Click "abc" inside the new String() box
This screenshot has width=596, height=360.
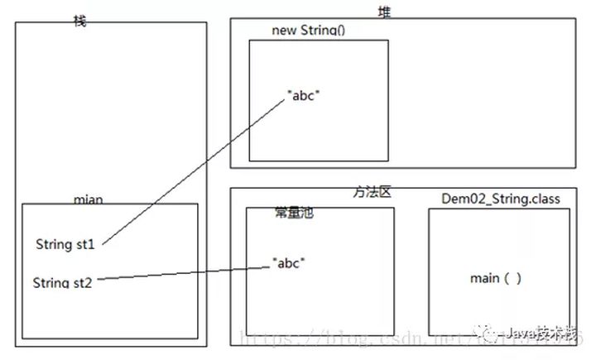point(304,95)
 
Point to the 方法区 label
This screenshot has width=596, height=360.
point(372,192)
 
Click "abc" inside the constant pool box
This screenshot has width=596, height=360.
point(289,264)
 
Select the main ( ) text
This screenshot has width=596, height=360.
point(496,278)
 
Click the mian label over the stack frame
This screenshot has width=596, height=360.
point(89,200)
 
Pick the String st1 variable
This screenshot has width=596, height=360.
point(66,244)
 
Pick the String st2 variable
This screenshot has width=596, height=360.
point(63,283)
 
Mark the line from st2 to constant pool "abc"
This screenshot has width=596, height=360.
point(182,274)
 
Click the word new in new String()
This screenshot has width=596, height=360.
point(283,30)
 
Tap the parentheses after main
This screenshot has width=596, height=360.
point(512,278)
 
